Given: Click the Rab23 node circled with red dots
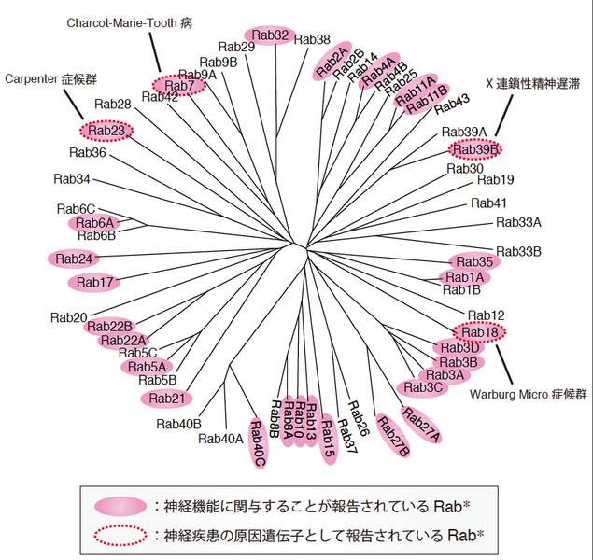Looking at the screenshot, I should pyautogui.click(x=106, y=131).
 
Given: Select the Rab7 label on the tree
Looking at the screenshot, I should pyautogui.click(x=179, y=87).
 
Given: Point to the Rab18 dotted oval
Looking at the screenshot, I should pyautogui.click(x=480, y=331).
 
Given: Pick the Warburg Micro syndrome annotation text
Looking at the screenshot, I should pyautogui.click(x=529, y=393).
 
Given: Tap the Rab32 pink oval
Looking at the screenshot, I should pyautogui.click(x=271, y=36).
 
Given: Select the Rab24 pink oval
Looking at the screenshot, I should pyautogui.click(x=74, y=259).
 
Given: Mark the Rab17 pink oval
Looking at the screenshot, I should pyautogui.click(x=94, y=282).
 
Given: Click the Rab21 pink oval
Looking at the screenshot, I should pyautogui.click(x=167, y=399).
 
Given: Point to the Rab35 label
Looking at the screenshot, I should pyautogui.click(x=475, y=261).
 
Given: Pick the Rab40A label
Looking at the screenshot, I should pyautogui.click(x=221, y=439).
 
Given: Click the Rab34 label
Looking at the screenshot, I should pyautogui.click(x=72, y=178).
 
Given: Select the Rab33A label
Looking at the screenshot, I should pyautogui.click(x=518, y=222).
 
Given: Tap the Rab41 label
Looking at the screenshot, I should pyautogui.click(x=488, y=203).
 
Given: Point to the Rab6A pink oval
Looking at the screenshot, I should pyautogui.click(x=94, y=223).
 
